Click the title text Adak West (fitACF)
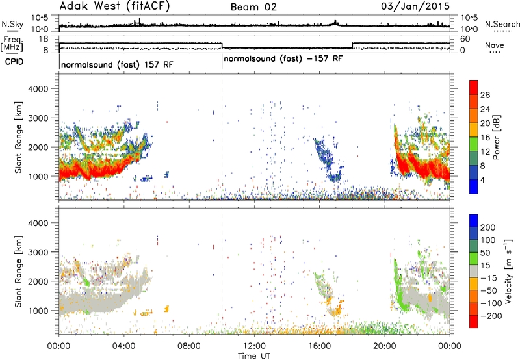114,6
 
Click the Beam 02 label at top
253,7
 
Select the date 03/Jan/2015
415,6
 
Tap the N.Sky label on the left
12,24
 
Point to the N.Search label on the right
502,24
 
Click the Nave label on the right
495,45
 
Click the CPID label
14,62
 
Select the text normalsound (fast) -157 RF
283,59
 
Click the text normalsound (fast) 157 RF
117,64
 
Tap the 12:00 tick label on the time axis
254,346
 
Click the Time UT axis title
254,356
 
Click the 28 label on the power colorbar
485,95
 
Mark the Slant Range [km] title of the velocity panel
18,272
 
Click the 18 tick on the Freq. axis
44,39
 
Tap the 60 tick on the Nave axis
465,39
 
